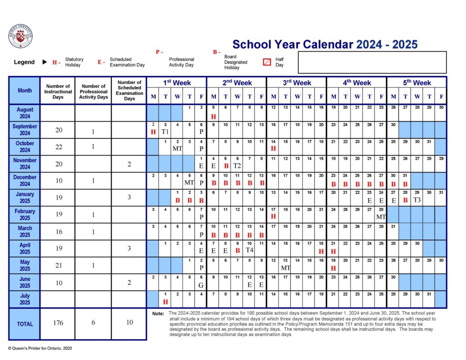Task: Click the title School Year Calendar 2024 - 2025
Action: tap(324, 45)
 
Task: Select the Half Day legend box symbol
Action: tap(267, 62)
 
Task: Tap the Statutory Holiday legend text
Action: tap(74, 62)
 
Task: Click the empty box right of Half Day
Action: tap(372, 62)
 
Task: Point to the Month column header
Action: tap(25, 91)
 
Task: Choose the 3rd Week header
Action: tap(297, 83)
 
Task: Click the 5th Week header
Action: tap(416, 83)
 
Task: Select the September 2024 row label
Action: tap(25, 130)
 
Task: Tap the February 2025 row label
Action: tap(25, 214)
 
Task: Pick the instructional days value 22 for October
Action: tap(59, 147)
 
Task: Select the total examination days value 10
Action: tap(129, 323)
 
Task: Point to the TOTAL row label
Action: tap(25, 324)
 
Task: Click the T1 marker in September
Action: tap(165, 132)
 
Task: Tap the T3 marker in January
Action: tap(417, 200)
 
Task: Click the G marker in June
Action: tap(201, 285)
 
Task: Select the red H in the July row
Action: tap(165, 302)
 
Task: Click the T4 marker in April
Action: tap(249, 250)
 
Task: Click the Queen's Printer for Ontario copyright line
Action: tap(40, 348)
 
